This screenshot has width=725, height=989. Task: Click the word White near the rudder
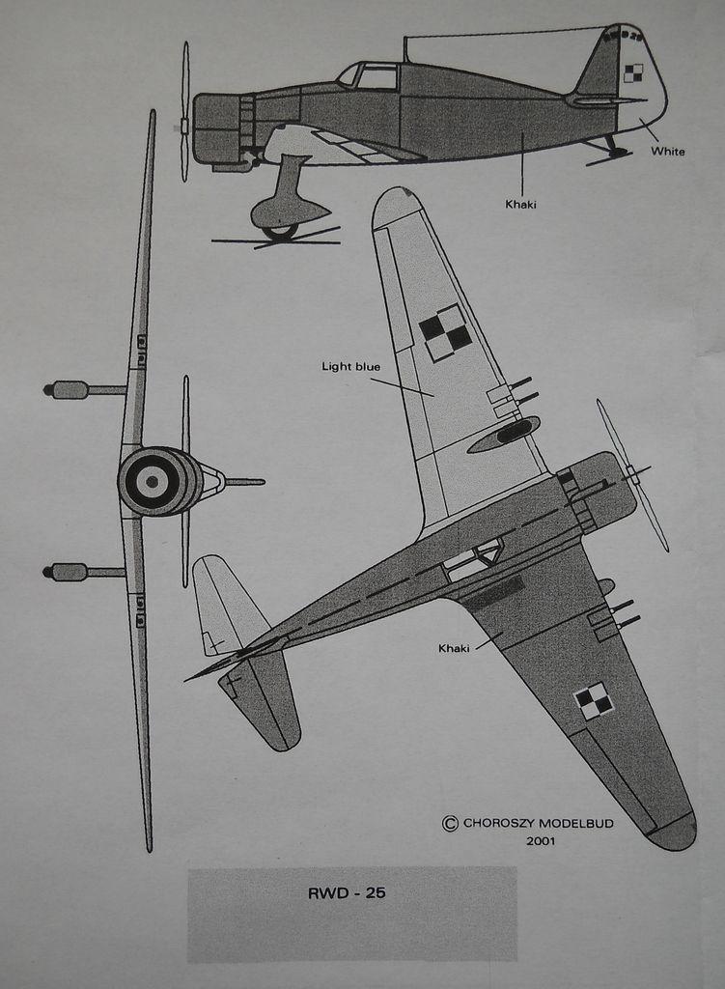pos(667,152)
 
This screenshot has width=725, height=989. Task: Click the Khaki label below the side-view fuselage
pos(520,205)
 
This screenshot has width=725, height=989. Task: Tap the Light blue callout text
pos(350,367)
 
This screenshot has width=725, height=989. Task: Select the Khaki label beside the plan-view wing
pos(454,648)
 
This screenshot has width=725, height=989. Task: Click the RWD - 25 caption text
pos(347,893)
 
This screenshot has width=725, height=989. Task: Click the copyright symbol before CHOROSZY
pos(450,824)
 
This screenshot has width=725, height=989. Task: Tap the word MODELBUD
pos(575,824)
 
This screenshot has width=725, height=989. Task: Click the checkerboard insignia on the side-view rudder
pos(632,72)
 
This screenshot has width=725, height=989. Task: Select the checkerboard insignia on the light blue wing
pos(445,332)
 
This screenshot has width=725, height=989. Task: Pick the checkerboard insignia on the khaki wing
pos(594,701)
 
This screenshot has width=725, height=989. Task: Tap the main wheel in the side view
pos(280,231)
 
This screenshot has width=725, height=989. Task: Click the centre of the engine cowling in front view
pos(152,481)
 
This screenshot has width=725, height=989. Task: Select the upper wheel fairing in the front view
pos(69,390)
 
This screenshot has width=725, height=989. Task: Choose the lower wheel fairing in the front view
pos(69,572)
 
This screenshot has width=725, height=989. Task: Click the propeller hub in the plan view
pos(632,473)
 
